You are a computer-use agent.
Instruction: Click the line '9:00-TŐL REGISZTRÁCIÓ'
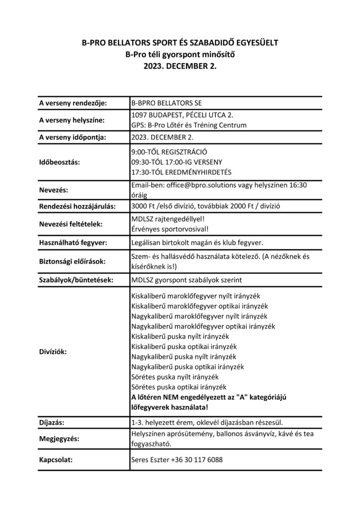[x=169, y=151]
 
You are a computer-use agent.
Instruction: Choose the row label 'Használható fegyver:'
[x=74, y=242]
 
